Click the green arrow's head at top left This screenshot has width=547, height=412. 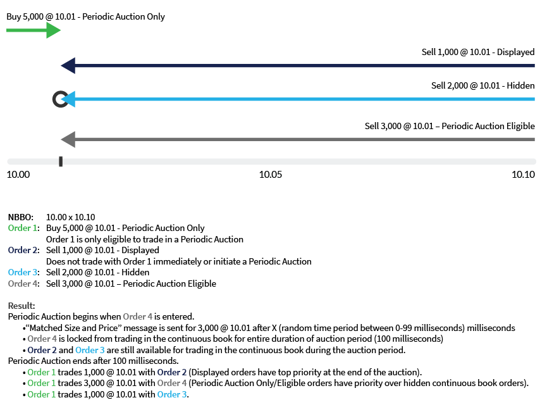[54, 30]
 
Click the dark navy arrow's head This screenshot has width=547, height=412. [66, 65]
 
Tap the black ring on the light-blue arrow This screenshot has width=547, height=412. [59, 99]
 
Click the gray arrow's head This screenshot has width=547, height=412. [66, 139]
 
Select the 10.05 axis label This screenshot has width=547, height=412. [271, 175]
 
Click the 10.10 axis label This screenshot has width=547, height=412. [524, 175]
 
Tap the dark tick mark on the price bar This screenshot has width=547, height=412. [61, 162]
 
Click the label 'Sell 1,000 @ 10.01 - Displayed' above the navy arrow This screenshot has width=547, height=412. [478, 52]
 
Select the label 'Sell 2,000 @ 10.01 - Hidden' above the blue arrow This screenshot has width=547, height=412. [482, 85]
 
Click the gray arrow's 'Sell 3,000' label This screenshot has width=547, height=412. [450, 126]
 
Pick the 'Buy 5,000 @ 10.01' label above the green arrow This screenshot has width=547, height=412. [86, 16]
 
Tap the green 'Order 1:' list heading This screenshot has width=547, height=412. [23, 228]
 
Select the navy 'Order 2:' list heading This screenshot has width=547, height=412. [23, 251]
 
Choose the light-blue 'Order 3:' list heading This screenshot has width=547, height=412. [23, 273]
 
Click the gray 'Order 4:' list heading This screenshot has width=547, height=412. [23, 284]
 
